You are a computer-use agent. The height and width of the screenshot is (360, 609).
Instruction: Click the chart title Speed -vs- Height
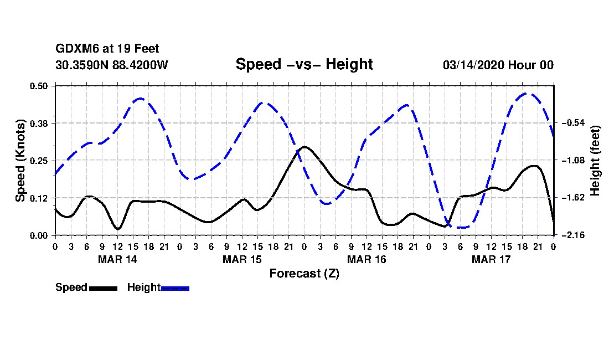pos(304,64)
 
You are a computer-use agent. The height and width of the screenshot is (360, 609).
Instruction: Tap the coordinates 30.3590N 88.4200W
pos(111,65)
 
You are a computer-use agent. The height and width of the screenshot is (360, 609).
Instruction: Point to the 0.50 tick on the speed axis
pos(40,86)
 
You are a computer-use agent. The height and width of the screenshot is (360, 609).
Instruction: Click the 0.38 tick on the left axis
pos(40,123)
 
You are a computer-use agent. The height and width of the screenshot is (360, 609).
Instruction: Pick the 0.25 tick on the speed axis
pos(40,161)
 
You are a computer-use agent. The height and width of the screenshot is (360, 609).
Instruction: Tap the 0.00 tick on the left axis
pos(40,235)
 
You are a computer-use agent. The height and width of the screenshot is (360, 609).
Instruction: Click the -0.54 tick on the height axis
pos(571,123)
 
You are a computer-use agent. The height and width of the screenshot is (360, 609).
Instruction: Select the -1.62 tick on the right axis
pos(571,198)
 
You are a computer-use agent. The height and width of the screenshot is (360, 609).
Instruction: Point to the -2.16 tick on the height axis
pos(571,235)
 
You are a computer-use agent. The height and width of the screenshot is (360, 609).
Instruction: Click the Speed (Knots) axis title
pos(20,161)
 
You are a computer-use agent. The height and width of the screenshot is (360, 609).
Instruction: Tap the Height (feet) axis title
pos(596,161)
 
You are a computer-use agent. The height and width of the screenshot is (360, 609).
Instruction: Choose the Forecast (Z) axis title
pos(304,274)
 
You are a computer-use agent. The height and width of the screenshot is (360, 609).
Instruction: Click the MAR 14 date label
pos(117,259)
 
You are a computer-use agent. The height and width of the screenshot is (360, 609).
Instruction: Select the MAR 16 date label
pos(367,259)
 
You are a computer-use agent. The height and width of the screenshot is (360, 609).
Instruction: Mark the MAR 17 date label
pos(491,259)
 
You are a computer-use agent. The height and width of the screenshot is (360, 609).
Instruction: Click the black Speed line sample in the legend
pos(103,288)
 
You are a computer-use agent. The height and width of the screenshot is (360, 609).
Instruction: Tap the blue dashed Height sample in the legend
pos(175,288)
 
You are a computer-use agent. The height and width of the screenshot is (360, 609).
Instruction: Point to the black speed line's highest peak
pos(304,147)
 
